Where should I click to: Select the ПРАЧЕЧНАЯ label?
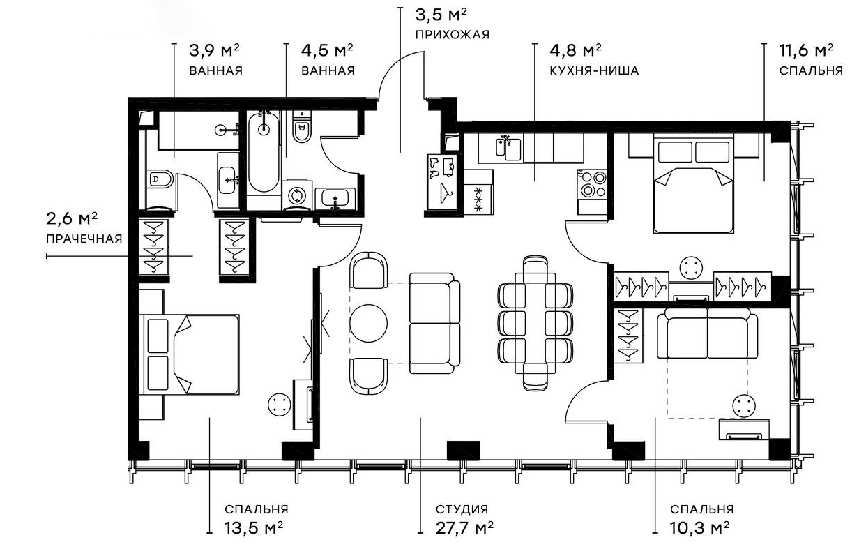click(x=84, y=239)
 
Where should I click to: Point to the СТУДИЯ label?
click(x=461, y=509)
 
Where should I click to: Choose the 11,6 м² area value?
click(x=807, y=51)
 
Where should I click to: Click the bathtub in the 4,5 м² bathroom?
click(x=263, y=153)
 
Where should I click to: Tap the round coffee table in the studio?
click(x=368, y=322)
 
